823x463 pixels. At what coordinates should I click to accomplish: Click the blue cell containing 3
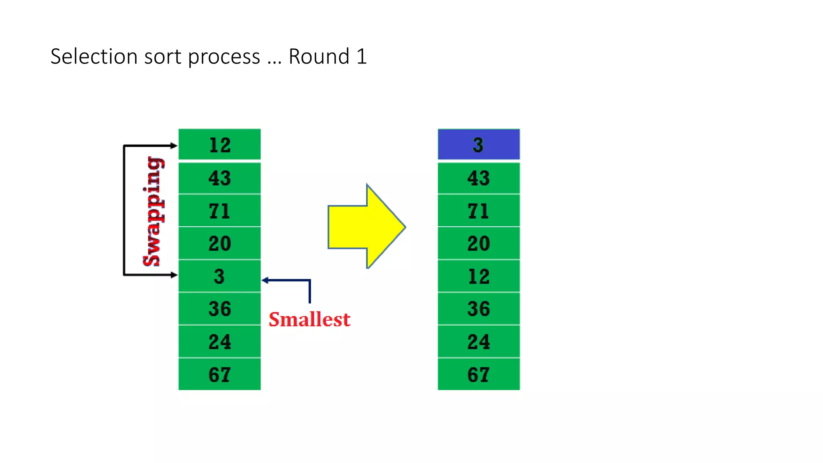click(x=478, y=144)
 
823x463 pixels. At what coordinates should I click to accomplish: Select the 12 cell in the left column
click(x=219, y=144)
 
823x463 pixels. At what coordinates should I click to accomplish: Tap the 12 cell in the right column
click(x=478, y=276)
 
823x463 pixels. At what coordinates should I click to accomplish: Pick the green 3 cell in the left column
click(x=219, y=276)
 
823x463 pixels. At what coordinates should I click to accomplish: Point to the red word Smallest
click(x=309, y=320)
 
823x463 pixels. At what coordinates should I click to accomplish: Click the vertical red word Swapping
click(x=153, y=211)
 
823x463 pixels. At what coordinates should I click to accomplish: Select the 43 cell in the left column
click(x=219, y=178)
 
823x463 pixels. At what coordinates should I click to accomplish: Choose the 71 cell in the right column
click(x=478, y=211)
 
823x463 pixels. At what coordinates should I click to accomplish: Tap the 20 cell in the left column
click(x=219, y=243)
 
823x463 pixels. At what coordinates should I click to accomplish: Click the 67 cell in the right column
click(x=478, y=374)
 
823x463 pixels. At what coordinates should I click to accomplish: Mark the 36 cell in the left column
click(x=219, y=309)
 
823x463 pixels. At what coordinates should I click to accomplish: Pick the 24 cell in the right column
click(x=478, y=342)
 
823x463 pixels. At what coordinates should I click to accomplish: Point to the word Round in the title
click(x=319, y=56)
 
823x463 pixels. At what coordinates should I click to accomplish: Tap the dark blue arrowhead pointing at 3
click(x=265, y=280)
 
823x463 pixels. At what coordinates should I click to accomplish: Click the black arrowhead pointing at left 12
click(x=174, y=145)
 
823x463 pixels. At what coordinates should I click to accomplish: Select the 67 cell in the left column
click(x=219, y=374)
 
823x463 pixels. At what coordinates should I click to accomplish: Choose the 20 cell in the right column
click(x=478, y=243)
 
